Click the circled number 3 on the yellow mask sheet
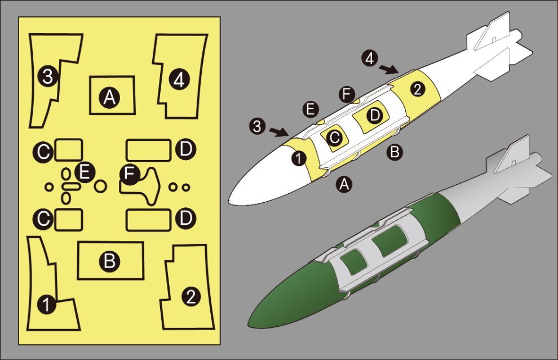(48, 75)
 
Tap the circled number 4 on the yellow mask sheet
(179, 79)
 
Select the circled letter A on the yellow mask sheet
(109, 97)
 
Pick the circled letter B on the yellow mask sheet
(109, 261)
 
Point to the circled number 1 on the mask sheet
(46, 304)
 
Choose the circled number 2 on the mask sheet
(191, 296)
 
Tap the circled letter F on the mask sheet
(130, 174)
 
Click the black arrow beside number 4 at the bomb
(388, 69)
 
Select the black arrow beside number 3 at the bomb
(278, 132)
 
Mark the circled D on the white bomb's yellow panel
(374, 115)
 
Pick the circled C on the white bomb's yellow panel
(334, 137)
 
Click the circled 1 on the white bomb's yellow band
(299, 158)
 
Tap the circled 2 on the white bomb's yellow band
(418, 88)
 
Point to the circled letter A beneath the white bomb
(344, 184)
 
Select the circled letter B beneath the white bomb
(395, 152)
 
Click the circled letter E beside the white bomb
(311, 109)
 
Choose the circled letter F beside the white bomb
(347, 94)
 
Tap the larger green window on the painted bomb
(389, 242)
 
